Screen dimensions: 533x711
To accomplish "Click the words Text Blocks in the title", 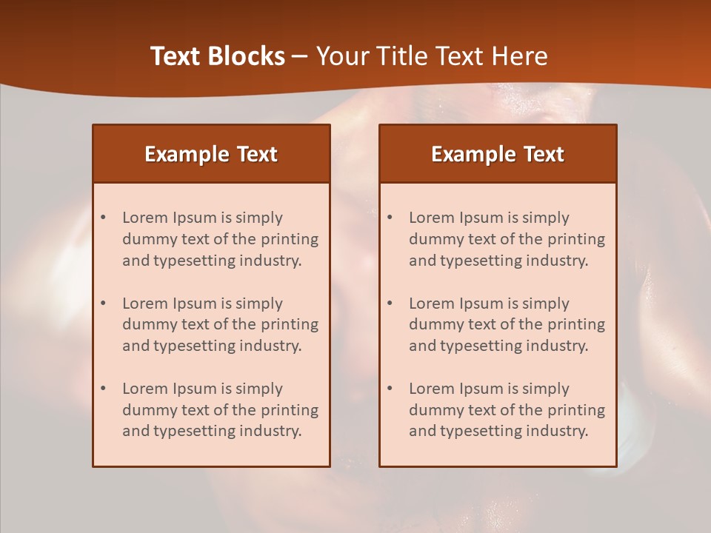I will click(x=218, y=56).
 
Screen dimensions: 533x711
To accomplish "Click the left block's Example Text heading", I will click(x=211, y=154).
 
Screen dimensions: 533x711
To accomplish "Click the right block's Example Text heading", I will click(x=498, y=154).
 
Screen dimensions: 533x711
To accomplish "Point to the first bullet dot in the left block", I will click(x=104, y=218).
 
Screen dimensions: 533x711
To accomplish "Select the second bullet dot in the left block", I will click(x=104, y=304).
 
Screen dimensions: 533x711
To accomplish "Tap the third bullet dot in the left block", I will click(x=104, y=389).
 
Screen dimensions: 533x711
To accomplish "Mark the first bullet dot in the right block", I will click(x=390, y=218).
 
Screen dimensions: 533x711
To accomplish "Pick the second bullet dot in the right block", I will click(x=390, y=304).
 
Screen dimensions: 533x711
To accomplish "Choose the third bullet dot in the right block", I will click(x=390, y=389).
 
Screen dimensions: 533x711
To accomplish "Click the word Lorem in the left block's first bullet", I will click(x=145, y=218).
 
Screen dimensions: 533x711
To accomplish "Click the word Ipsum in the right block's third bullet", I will click(x=481, y=389).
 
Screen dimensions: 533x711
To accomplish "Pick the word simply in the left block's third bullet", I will click(x=259, y=389).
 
